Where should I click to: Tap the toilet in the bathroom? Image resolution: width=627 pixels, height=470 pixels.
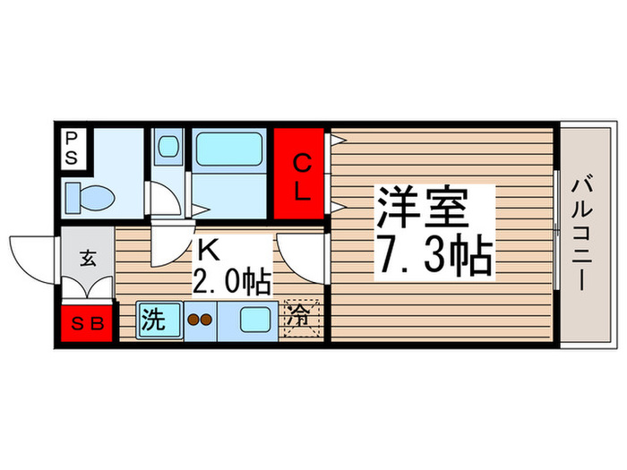pos(87,194)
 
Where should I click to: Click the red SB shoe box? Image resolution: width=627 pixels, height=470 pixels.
pos(88,324)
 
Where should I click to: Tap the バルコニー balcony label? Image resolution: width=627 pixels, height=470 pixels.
pos(580,235)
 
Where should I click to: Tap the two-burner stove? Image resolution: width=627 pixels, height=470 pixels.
pos(198,319)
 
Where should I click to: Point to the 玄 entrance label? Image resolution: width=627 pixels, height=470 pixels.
pos(88,260)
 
